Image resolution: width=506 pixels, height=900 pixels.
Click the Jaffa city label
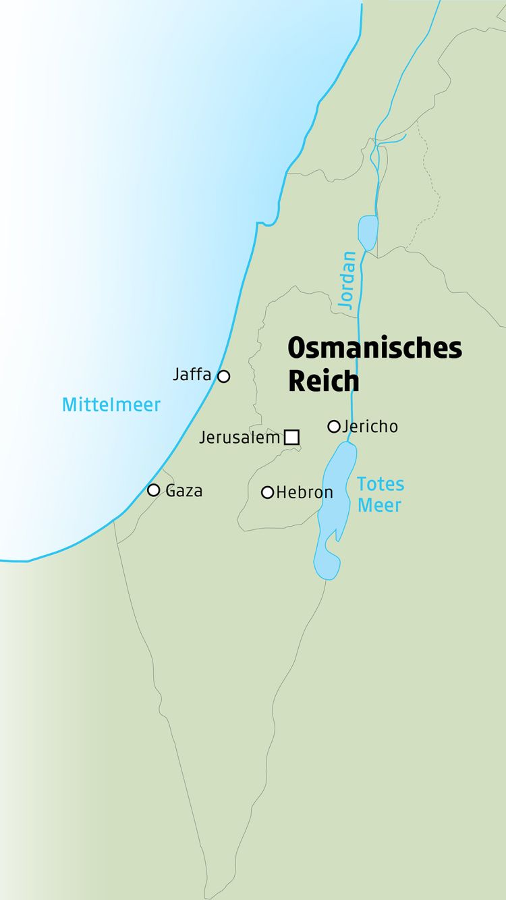[x=192, y=374]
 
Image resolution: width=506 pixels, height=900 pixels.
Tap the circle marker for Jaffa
[x=223, y=376]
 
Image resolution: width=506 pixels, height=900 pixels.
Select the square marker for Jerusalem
[x=291, y=437]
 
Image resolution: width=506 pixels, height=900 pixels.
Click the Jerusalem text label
[x=240, y=438]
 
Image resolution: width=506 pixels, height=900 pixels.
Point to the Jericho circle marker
[x=333, y=426]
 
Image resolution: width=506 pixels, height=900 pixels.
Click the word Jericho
[x=370, y=427]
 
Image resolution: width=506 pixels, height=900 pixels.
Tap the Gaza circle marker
[x=154, y=490]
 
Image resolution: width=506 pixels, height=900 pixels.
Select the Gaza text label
[x=184, y=491]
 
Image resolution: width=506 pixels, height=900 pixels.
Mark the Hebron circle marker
[x=267, y=492]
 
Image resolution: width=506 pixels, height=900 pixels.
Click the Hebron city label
[x=304, y=493]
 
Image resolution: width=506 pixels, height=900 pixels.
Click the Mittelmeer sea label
[x=111, y=405]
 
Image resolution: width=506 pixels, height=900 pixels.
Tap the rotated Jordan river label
[x=347, y=280]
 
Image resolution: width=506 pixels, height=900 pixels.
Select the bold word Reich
[x=323, y=381]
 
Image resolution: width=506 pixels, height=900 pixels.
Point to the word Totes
[x=381, y=484]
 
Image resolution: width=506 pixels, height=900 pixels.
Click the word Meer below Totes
[x=379, y=505]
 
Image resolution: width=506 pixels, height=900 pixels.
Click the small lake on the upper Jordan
[x=368, y=232]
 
